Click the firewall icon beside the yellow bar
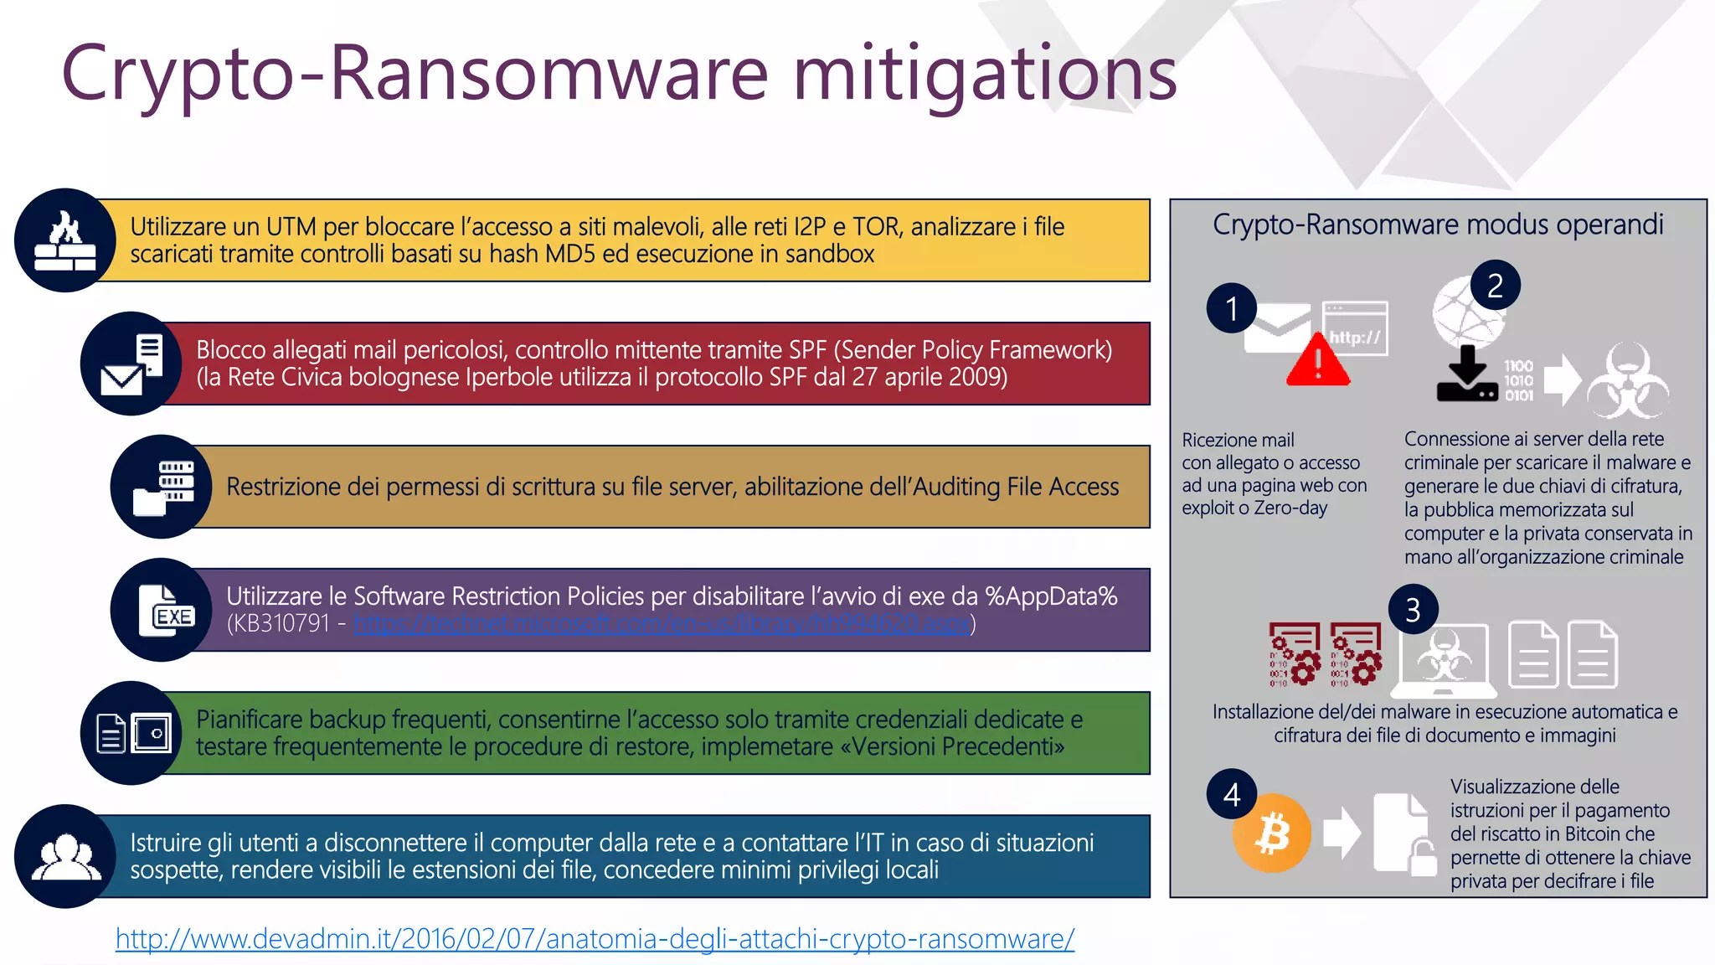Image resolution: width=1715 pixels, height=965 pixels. pos(64,240)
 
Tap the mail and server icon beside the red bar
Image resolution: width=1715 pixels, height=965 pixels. pos(131,364)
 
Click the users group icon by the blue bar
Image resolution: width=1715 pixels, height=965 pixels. pos(65,856)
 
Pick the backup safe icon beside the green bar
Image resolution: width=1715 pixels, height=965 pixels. pos(133,733)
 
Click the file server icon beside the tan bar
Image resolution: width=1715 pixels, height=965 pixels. pos(162,487)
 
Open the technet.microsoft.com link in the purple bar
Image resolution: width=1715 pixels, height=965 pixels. pos(662,623)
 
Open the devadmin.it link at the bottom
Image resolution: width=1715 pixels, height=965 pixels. pos(595,939)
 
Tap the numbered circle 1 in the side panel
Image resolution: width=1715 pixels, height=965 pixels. pos(1232,308)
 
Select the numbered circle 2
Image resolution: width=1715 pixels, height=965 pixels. pos(1495,286)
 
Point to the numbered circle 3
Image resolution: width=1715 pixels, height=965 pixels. pos(1413,610)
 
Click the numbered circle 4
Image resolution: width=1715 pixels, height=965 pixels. pos(1232,794)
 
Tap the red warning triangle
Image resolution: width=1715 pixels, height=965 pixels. pos(1317,362)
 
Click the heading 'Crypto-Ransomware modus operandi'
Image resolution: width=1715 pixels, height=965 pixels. pos(1438,224)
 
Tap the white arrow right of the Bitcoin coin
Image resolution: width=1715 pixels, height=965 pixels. pos(1342,833)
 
